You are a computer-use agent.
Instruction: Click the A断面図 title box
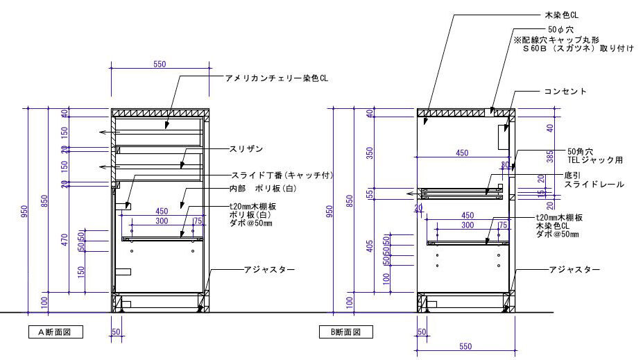tap(51, 332)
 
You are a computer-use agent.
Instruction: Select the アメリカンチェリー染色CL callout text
tap(275, 78)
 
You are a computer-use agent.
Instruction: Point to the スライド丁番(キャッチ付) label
tap(282, 175)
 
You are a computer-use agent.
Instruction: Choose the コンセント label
tap(565, 92)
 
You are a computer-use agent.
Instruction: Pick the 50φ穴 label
tap(560, 31)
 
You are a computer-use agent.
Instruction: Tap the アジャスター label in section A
tap(263, 269)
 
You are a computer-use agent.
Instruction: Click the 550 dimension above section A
tap(160, 64)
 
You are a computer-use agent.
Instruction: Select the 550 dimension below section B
tap(465, 345)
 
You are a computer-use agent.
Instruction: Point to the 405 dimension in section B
tap(370, 246)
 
